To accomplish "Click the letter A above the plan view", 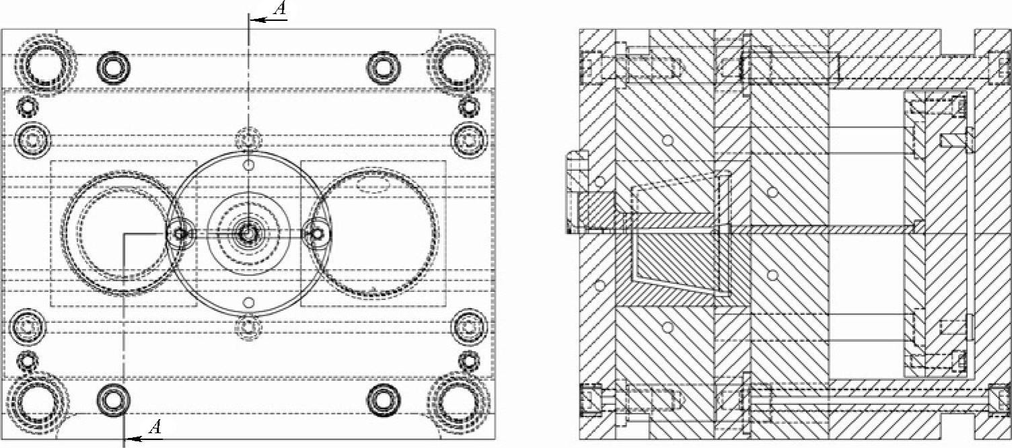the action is [x=281, y=9].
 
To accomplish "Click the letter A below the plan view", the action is [x=155, y=426].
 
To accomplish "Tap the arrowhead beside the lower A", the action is [x=133, y=439].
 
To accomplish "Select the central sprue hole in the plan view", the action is [x=247, y=233].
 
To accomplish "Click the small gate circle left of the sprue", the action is [x=180, y=233].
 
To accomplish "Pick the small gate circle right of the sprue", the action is [x=318, y=233].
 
